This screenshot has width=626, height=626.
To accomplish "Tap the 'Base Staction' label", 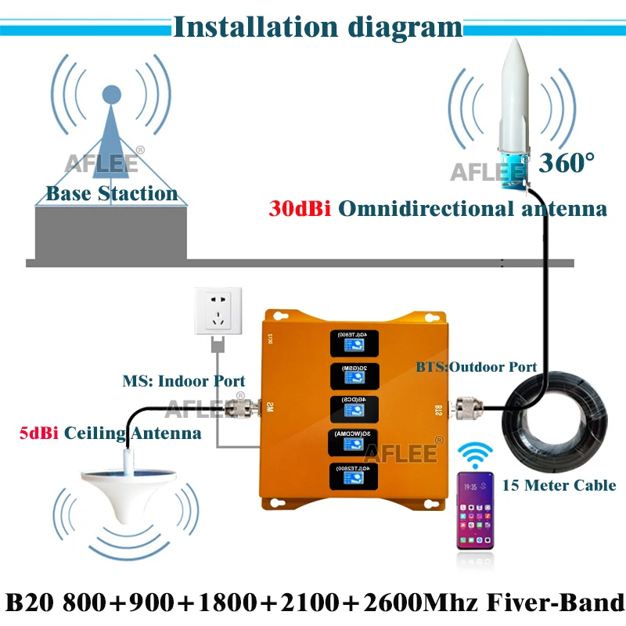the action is pos(111,192).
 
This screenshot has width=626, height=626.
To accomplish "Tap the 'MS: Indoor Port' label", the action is pos(183,382).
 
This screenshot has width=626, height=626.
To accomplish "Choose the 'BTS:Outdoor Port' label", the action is pos(476,366).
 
